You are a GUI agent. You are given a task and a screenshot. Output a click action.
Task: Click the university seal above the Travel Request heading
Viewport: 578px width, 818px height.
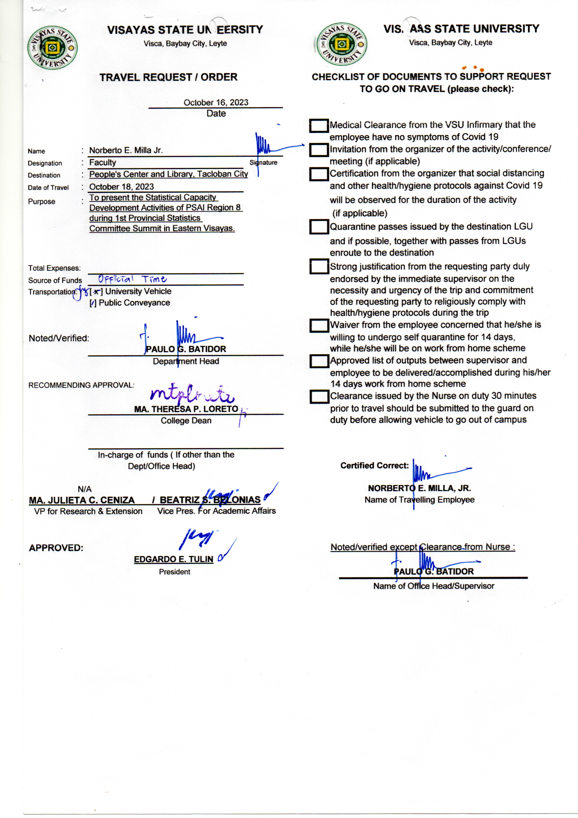(53, 47)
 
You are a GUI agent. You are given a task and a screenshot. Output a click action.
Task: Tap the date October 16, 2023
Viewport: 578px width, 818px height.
(216, 103)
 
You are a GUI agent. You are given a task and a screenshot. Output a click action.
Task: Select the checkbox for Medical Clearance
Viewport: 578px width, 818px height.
(319, 125)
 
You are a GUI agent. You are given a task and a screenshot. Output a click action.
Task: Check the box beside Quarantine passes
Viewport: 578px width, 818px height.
(319, 227)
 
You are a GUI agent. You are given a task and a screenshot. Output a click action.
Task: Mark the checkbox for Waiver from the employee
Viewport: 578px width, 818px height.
(319, 325)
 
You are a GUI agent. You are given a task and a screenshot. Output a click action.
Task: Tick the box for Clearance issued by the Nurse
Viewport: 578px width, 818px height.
(319, 396)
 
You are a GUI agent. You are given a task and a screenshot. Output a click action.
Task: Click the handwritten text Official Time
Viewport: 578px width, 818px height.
(132, 279)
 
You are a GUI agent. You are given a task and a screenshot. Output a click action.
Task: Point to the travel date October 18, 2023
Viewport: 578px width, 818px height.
(121, 187)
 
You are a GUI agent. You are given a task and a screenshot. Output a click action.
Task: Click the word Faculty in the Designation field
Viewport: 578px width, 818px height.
(102, 162)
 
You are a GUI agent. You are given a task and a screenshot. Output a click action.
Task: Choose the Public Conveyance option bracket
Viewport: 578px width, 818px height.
(93, 303)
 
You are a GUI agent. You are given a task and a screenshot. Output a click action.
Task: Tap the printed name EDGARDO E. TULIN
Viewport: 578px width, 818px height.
(173, 559)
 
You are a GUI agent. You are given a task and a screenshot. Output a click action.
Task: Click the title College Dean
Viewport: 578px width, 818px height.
(186, 421)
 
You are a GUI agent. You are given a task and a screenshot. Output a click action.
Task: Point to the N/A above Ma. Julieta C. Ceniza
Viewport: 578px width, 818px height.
(84, 489)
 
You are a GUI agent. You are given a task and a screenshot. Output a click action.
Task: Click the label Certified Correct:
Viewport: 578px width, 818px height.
(374, 466)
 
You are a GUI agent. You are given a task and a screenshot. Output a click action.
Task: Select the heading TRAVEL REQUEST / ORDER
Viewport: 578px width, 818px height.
(168, 77)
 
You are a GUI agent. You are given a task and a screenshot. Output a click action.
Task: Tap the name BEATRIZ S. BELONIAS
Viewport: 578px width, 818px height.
(210, 500)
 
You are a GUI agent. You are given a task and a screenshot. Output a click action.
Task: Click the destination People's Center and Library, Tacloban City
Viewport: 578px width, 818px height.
(168, 174)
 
